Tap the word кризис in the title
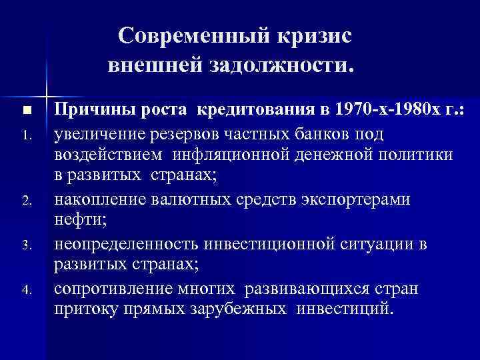311,37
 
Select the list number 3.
26,246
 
